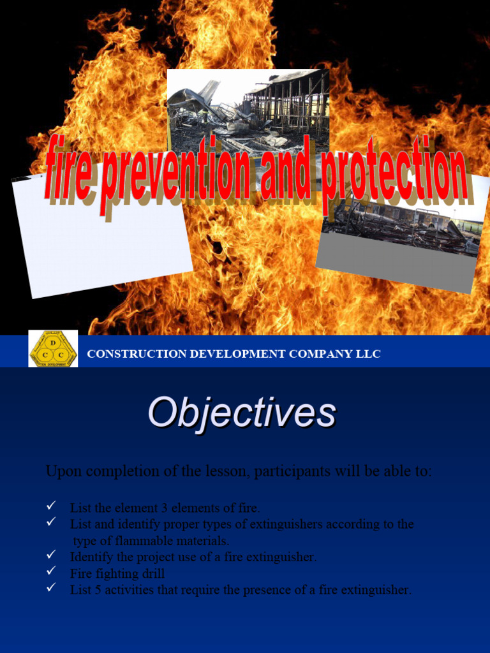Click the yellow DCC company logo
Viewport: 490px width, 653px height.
(x=53, y=349)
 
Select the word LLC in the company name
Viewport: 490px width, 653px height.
(x=367, y=354)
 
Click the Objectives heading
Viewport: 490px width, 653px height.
(x=242, y=413)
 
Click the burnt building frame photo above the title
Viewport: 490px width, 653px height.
(x=248, y=105)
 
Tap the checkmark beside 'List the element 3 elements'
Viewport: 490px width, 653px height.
(x=52, y=506)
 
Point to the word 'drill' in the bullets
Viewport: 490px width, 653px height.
(x=154, y=573)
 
